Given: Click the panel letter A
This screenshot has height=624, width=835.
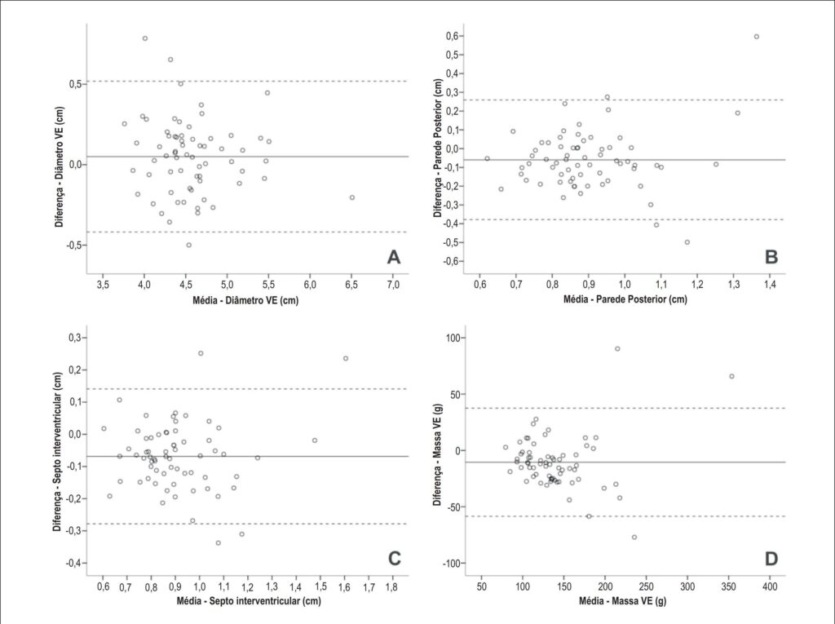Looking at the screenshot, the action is [393, 258].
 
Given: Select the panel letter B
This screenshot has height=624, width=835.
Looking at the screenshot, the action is [771, 258].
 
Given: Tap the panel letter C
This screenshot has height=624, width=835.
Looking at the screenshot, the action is [394, 559].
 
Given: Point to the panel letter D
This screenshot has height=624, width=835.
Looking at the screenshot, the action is [771, 559].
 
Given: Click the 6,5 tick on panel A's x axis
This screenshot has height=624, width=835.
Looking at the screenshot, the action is [351, 285].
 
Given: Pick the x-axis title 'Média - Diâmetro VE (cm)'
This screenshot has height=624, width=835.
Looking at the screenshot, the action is [245, 300].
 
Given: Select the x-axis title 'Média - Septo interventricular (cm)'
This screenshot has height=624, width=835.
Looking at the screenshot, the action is [249, 601].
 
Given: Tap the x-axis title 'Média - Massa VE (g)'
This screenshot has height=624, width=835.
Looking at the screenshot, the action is [622, 601].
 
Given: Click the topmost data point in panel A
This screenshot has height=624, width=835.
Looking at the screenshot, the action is [145, 38].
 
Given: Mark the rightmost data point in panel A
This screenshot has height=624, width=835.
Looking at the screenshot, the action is [352, 197].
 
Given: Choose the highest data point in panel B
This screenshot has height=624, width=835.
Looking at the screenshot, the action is [756, 37].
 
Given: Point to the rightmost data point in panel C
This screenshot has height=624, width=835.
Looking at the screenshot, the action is [346, 359].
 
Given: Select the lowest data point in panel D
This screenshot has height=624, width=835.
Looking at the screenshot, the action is [634, 538].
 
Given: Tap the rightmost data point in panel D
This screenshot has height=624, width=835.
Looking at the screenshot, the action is [731, 376].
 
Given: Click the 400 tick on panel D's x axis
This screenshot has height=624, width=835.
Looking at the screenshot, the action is [770, 586].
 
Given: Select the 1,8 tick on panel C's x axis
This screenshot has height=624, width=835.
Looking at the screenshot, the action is [393, 586].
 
